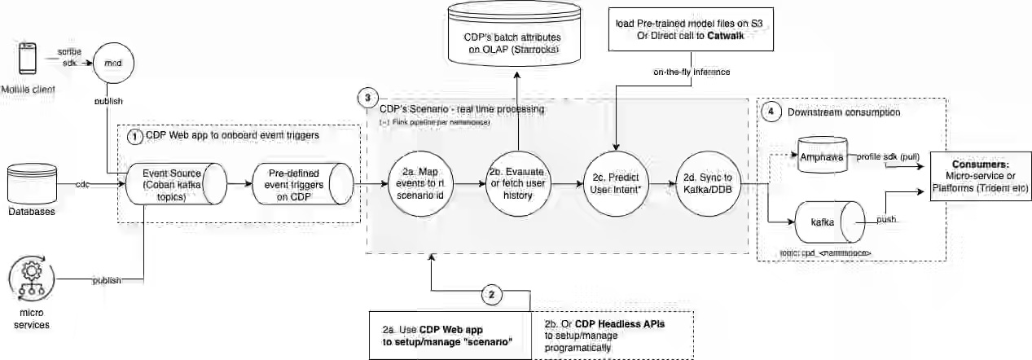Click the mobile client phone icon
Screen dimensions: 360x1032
pos(27,63)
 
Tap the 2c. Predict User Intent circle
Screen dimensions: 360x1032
pos(617,186)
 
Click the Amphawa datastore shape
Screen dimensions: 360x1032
pos(822,156)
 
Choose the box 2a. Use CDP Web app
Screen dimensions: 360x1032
pos(450,335)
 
